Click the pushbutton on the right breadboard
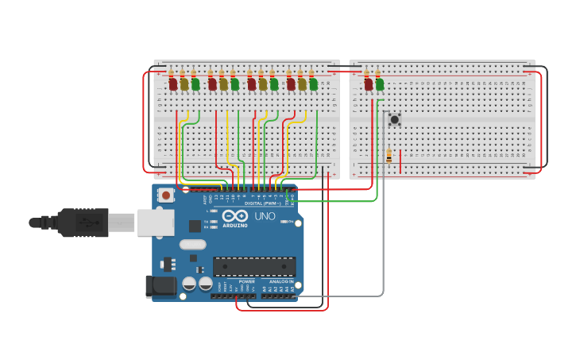click(394, 119)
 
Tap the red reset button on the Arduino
click(166, 195)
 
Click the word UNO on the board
click(265, 216)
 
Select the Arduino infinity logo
click(235, 216)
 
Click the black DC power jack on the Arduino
click(160, 286)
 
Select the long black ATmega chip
click(253, 266)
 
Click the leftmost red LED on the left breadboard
click(172, 83)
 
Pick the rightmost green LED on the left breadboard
click(313, 83)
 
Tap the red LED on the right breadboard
click(368, 83)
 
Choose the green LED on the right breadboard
click(379, 83)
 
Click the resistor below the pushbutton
click(389, 157)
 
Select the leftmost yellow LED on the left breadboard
click(184, 83)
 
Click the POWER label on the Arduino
click(246, 281)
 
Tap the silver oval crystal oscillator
click(192, 245)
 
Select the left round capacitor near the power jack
click(189, 283)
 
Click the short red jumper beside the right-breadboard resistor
click(400, 161)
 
